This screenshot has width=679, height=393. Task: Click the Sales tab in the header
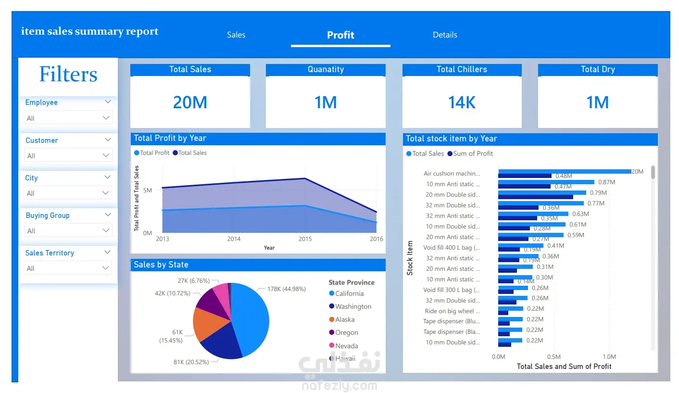[236, 35]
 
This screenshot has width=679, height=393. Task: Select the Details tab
[445, 35]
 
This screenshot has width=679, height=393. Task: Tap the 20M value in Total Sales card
[190, 102]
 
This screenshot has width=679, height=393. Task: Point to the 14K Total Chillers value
[462, 102]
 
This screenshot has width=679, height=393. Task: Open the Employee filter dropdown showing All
[68, 118]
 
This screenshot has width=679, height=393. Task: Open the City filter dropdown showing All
[68, 193]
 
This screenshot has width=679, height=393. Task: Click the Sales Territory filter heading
[50, 253]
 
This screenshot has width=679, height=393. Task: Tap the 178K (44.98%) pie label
[286, 289]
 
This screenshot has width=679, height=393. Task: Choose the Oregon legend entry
[344, 333]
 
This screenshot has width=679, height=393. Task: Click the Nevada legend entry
[344, 346]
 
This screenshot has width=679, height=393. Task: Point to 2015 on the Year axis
[305, 239]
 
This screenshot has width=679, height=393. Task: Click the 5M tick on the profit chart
[148, 190]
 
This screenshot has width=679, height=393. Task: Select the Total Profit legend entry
[152, 153]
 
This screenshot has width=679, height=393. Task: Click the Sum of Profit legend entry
[470, 154]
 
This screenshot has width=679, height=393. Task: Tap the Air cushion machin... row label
[452, 174]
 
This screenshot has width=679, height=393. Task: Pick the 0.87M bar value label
[606, 182]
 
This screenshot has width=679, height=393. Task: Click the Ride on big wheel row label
[452, 311]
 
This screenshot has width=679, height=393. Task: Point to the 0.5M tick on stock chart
[554, 357]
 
